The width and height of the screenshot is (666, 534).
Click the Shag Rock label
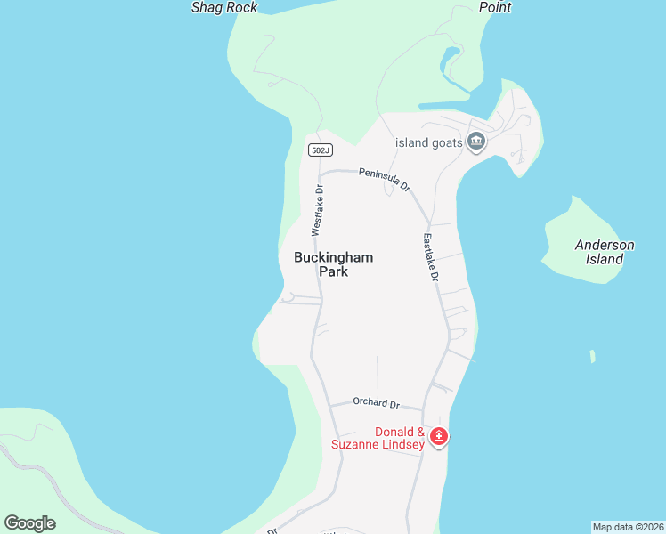(x=224, y=7)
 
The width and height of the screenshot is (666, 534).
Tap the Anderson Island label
(x=605, y=252)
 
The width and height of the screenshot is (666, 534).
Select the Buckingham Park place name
(x=333, y=264)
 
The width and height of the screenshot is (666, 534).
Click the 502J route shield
(x=321, y=150)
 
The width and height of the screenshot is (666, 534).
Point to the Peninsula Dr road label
(x=385, y=179)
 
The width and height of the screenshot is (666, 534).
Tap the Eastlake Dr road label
(x=431, y=258)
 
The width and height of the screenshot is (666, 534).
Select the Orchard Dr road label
(x=376, y=402)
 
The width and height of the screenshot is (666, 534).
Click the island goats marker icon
(x=475, y=142)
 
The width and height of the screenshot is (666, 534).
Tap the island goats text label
(x=429, y=142)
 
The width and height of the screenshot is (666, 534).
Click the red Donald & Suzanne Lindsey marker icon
(x=438, y=436)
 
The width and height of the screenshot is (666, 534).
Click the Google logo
(x=29, y=523)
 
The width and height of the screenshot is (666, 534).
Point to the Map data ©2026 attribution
(x=628, y=527)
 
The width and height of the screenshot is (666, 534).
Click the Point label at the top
(x=495, y=7)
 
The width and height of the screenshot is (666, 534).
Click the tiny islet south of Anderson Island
(x=592, y=356)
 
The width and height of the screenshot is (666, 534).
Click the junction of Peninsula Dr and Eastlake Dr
(x=428, y=223)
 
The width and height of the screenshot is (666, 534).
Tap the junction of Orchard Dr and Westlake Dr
(x=329, y=404)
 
